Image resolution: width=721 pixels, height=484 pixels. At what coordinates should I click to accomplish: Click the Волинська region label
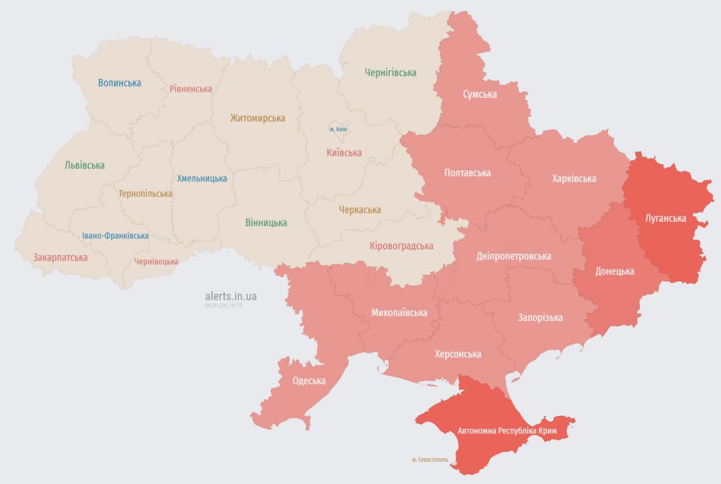click(x=119, y=83)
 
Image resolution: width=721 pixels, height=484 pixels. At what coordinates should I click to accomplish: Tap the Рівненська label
click(x=191, y=89)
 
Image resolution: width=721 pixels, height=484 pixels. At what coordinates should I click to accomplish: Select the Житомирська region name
click(x=257, y=118)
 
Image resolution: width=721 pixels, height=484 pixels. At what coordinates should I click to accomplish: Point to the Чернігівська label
click(x=390, y=73)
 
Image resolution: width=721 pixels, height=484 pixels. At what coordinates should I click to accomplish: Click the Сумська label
click(x=480, y=94)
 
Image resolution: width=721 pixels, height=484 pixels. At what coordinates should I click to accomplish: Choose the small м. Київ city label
click(x=338, y=129)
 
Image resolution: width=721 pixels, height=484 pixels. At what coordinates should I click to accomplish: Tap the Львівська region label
click(x=84, y=165)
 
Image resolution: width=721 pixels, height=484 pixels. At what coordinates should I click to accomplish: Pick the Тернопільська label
click(x=145, y=194)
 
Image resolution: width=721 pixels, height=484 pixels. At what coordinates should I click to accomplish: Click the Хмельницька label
click(x=202, y=178)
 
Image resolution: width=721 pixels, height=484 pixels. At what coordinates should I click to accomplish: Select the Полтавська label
click(x=468, y=173)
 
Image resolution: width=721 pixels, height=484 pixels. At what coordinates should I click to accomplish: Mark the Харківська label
click(x=574, y=179)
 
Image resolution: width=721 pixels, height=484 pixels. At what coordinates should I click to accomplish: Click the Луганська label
click(x=666, y=218)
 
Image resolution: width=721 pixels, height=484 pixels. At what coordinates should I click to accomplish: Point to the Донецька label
click(x=615, y=271)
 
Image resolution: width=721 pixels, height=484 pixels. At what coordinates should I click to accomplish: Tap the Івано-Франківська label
click(x=115, y=236)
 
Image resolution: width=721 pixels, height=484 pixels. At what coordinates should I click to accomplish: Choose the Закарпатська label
click(x=60, y=258)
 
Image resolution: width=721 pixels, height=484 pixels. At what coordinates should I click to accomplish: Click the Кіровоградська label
click(x=402, y=246)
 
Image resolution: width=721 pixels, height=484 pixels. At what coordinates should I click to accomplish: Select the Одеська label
click(x=309, y=381)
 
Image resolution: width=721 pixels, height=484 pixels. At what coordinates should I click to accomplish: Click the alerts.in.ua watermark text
click(x=231, y=296)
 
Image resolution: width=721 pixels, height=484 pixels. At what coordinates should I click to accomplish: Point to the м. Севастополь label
click(x=430, y=460)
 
